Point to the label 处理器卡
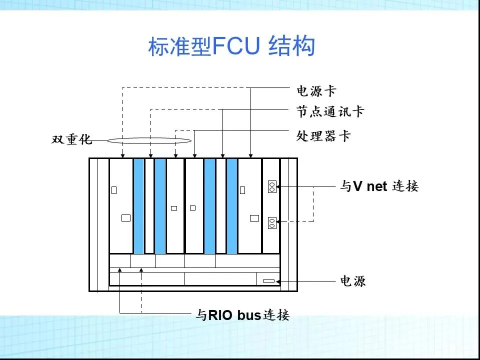[323, 135]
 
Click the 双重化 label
[72, 139]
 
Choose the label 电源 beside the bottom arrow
[353, 281]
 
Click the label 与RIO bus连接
[242, 315]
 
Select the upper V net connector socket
[272, 186]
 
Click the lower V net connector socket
[272, 222]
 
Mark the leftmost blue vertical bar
[138, 206]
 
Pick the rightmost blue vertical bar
[231, 206]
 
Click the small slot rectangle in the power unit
[268, 281]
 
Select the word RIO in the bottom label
[218, 315]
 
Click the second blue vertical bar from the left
[159, 206]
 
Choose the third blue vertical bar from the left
[209, 206]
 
